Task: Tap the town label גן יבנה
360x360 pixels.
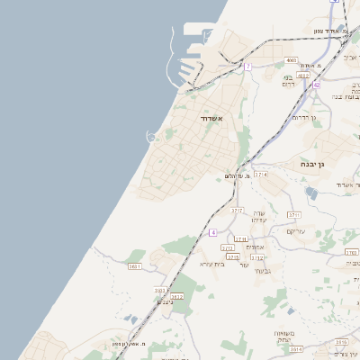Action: [310, 165]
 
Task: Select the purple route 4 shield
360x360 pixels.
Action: [213, 232]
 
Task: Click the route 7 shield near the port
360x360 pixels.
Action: [247, 67]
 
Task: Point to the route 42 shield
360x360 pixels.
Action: [317, 84]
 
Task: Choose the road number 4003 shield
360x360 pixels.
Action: [291, 60]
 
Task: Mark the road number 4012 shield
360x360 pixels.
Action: [303, 76]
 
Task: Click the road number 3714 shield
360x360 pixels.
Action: [260, 174]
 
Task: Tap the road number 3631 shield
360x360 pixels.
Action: [135, 266]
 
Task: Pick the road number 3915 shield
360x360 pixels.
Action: [233, 256]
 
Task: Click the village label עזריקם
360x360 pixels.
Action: [296, 231]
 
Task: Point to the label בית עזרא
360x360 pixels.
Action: [211, 264]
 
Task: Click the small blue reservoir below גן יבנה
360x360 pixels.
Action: [310, 192]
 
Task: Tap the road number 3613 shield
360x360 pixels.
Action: [176, 296]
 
